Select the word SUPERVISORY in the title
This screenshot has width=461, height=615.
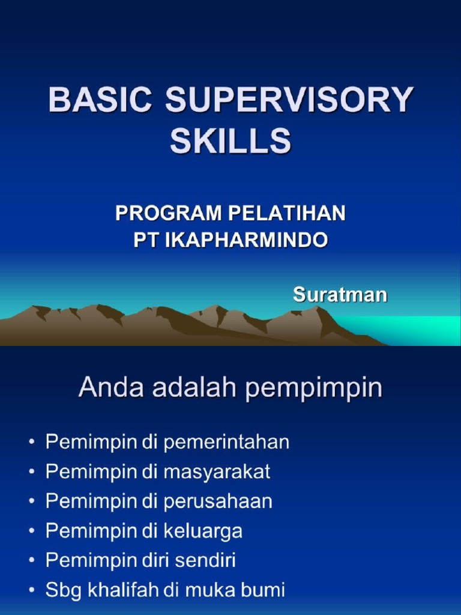pos(289,101)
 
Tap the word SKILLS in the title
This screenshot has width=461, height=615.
pos(230,142)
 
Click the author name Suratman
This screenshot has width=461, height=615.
pos(340,295)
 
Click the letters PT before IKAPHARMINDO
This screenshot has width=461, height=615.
pos(145,241)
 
